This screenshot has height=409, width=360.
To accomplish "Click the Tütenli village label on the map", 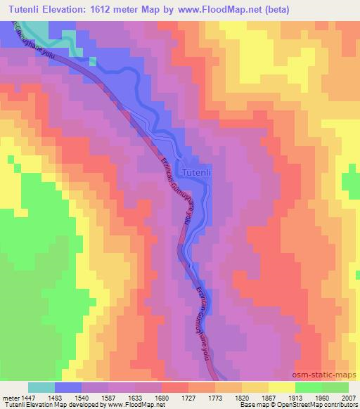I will pos(195,171).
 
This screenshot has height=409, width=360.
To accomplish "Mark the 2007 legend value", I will pos(347,397).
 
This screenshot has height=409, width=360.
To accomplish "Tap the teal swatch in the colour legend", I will pos(41,387).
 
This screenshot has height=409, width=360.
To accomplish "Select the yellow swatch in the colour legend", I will pos(281,387).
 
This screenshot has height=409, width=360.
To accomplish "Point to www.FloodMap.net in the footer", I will pos(117,405).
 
